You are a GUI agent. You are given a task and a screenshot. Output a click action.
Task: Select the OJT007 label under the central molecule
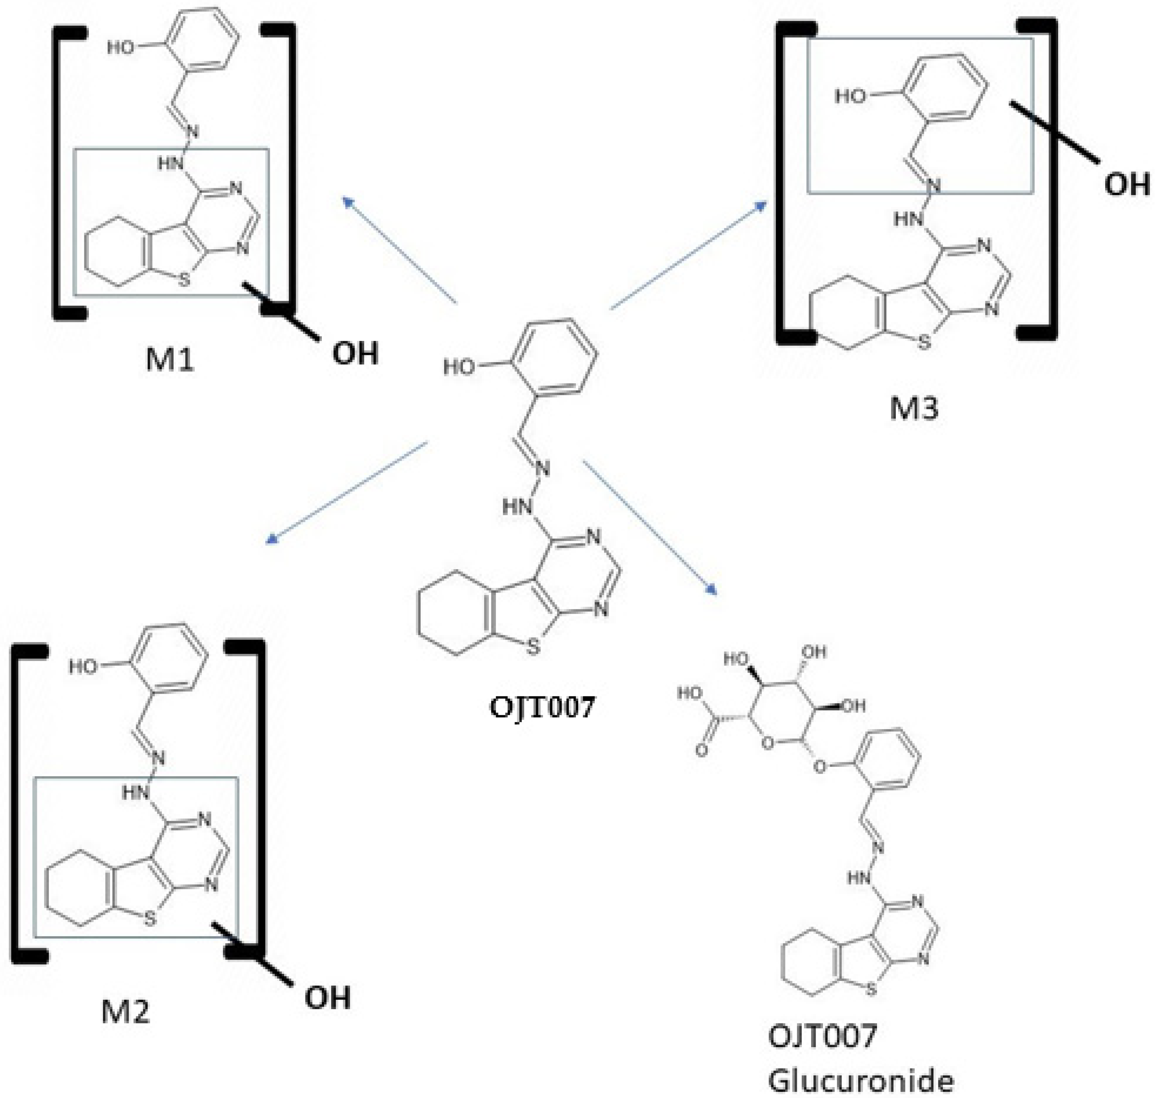click(x=541, y=707)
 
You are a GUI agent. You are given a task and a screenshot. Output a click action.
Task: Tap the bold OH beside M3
click(x=1127, y=184)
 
